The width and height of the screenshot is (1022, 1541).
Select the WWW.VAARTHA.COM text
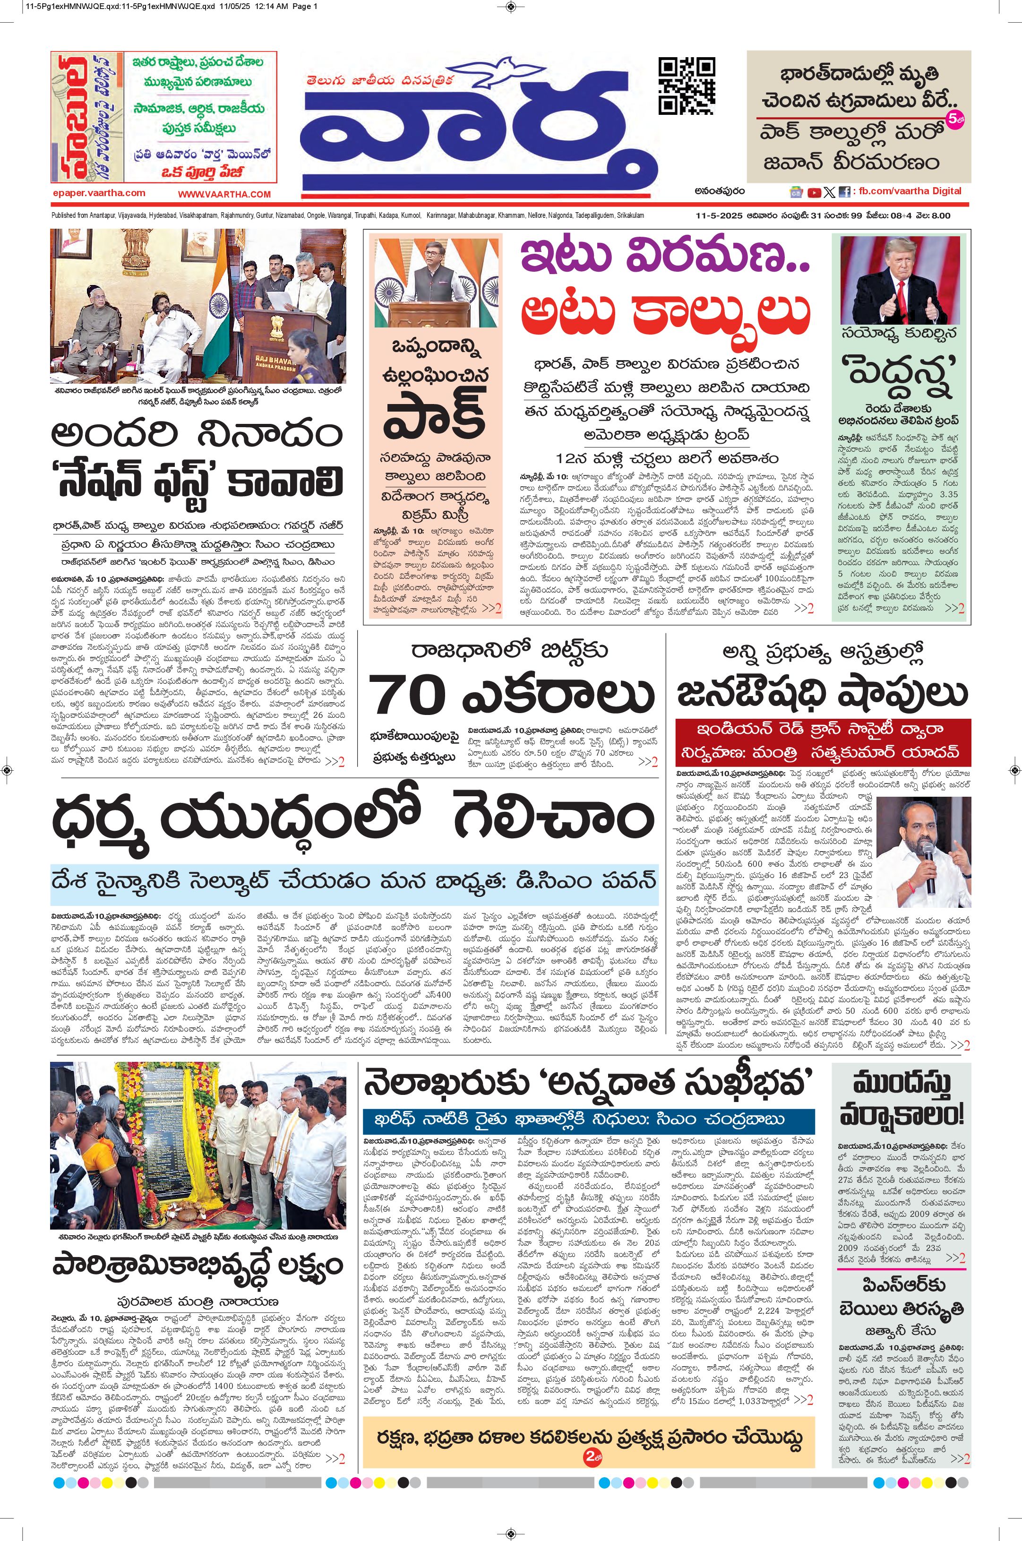(223, 194)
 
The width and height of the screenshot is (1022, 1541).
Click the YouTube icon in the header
(814, 192)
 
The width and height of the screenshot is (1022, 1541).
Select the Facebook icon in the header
(844, 192)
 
